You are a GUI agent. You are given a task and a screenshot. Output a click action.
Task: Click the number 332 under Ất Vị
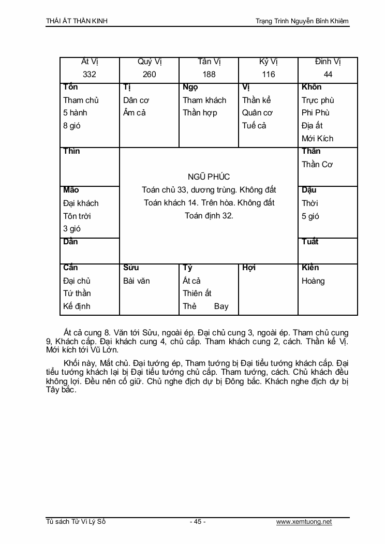pos(90,74)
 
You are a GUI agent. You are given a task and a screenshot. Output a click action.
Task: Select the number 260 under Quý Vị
pos(149,74)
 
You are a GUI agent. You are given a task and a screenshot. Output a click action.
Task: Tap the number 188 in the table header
pos(209,74)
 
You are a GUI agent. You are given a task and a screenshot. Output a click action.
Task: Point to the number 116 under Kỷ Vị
pos(269,74)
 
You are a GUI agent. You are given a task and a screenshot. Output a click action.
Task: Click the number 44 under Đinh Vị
pos(328,74)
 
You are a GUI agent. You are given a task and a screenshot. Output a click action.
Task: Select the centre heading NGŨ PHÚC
pos(209,177)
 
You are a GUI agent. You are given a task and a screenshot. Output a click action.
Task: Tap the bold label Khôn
pos(312,87)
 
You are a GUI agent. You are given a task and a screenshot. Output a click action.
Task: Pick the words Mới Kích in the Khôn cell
pos(318,138)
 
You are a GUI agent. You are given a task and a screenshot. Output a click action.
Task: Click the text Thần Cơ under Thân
pos(317,164)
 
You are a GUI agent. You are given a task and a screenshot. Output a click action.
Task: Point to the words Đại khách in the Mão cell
pos(81,203)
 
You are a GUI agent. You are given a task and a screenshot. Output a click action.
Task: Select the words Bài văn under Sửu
pos(137,281)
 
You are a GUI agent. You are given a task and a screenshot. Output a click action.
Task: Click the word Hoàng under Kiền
pos(313,281)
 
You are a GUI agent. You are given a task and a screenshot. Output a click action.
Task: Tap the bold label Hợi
pos(249,268)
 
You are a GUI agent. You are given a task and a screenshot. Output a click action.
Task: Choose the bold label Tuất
pos(310,242)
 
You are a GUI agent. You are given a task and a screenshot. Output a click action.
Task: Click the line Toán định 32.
pos(209,216)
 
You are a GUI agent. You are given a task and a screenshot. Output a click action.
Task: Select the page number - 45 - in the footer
pos(198,522)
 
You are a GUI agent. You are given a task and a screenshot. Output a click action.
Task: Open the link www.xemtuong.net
pos(304,522)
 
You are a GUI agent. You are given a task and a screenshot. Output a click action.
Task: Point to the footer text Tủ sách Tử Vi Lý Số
pos(76,522)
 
